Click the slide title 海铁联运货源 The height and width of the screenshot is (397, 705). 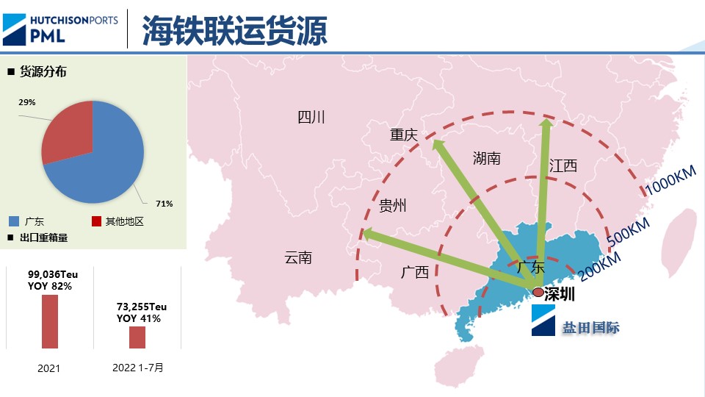tap(234, 30)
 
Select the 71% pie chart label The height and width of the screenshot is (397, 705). tap(164, 204)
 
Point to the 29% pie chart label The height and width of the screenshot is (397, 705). tap(27, 103)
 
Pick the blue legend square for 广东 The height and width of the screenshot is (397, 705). tap(14, 221)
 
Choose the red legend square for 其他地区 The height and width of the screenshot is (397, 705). tap(95, 221)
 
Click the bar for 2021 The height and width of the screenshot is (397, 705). tap(50, 321)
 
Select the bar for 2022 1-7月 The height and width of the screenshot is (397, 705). tap(137, 337)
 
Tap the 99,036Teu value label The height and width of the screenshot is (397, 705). tap(53, 274)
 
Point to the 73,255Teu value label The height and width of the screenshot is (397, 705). tap(142, 307)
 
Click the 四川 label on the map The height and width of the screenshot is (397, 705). tap(311, 117)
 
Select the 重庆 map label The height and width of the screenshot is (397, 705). tap(403, 135)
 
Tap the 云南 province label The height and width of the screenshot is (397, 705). tap(298, 258)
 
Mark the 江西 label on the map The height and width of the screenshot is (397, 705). tap(563, 166)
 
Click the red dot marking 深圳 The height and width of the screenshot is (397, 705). tap(538, 293)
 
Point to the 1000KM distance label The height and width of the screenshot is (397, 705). tap(670, 182)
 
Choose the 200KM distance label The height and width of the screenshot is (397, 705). tap(599, 267)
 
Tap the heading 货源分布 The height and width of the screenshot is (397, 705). tap(43, 72)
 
